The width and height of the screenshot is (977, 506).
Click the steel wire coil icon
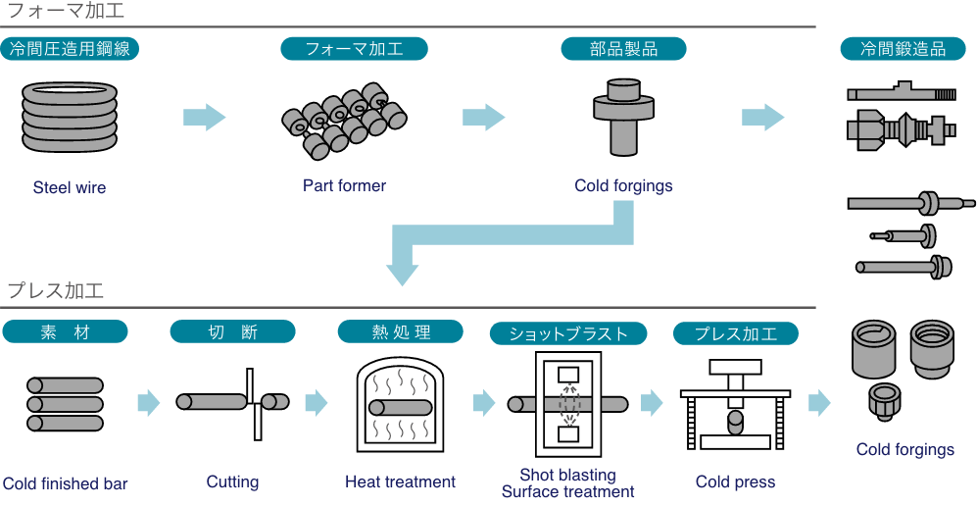68,117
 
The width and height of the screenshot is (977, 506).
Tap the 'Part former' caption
344,185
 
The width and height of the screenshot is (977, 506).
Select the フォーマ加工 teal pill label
354,48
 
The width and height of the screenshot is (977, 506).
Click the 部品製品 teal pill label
623,48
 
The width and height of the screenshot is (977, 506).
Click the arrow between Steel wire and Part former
204,117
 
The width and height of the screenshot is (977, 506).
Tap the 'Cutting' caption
232,481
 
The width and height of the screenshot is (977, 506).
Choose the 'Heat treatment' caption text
400,481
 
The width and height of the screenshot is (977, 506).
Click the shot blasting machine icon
567,403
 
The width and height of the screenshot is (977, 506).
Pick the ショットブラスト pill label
568,333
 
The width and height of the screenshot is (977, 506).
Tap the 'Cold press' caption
735,481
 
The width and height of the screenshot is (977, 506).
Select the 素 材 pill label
65,332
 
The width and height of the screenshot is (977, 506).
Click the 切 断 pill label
232,332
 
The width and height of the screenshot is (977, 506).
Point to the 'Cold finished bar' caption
65,483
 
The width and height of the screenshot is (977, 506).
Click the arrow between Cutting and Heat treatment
316,402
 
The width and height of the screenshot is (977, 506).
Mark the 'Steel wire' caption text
69,187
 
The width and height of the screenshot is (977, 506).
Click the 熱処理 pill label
400,332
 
